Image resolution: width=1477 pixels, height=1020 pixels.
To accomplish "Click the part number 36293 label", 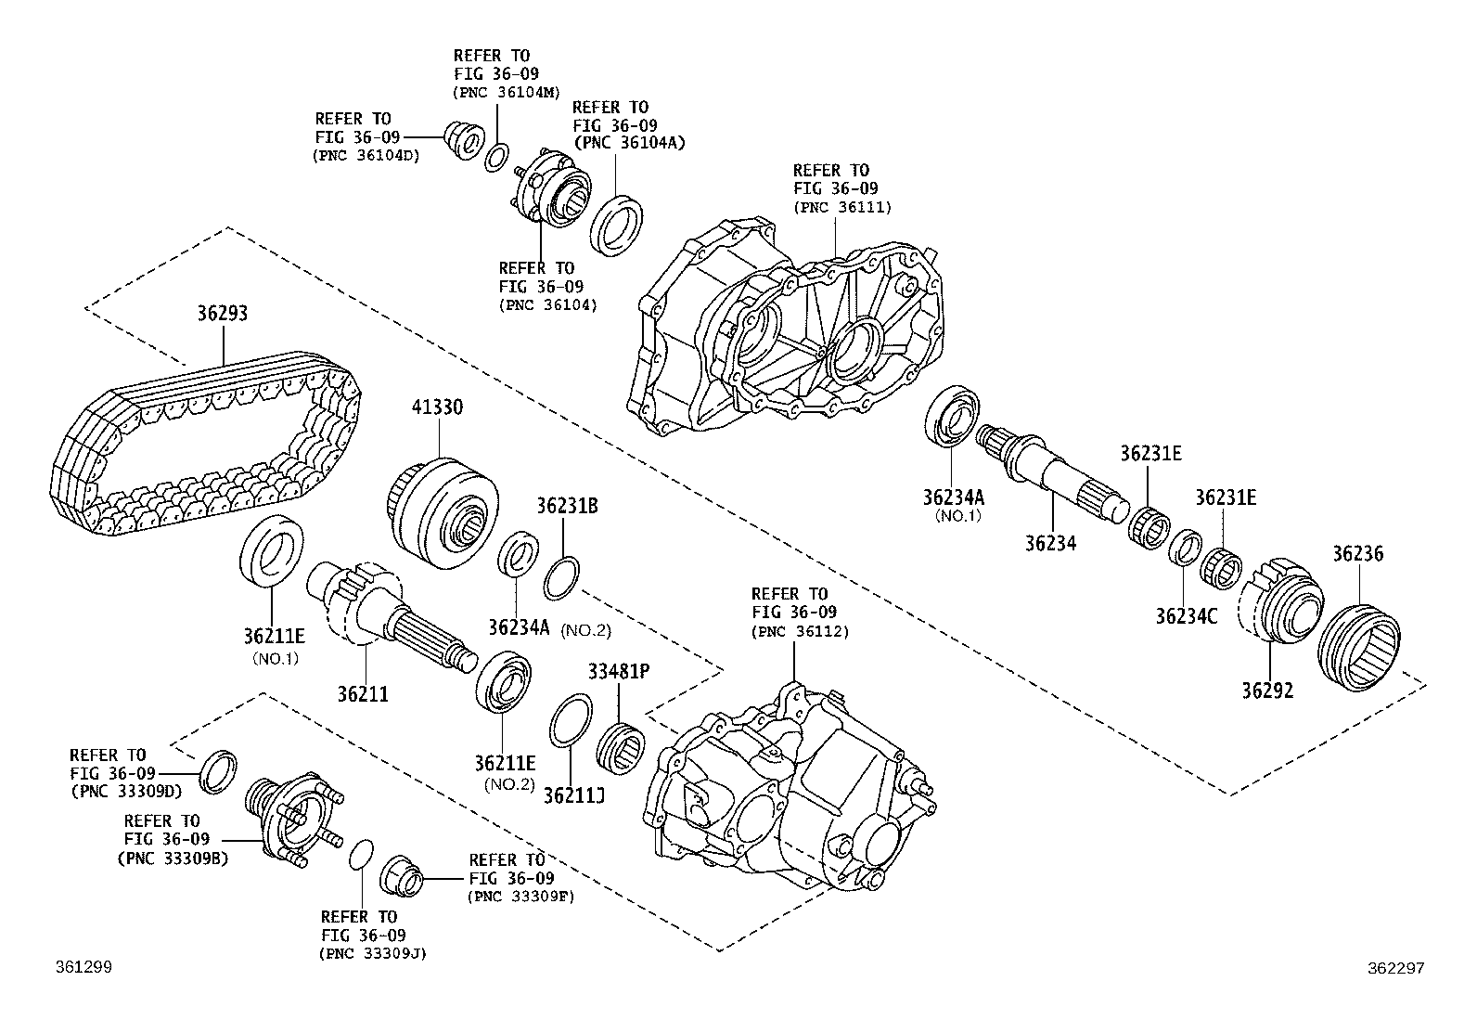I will [222, 314].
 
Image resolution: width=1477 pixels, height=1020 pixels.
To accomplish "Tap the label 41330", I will [437, 407].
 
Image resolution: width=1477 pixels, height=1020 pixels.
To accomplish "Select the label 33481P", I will [617, 670].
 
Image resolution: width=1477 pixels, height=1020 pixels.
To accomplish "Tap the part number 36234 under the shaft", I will [1050, 543].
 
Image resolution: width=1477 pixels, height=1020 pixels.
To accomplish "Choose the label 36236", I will [1357, 554].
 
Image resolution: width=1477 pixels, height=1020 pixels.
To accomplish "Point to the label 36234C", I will [1186, 615].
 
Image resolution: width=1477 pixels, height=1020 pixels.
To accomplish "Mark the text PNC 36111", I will [841, 207].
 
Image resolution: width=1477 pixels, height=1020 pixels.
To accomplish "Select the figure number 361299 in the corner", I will [84, 967].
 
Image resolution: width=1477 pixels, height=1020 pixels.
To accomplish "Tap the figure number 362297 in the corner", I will [1395, 967].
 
